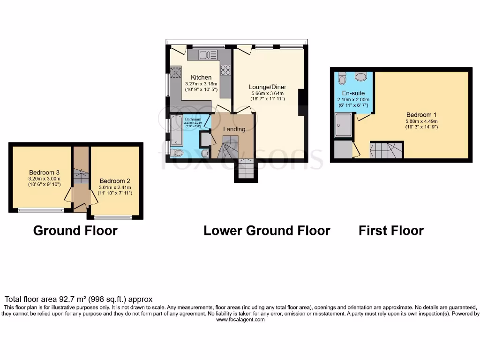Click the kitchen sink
click(206, 55)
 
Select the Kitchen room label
click(201, 77)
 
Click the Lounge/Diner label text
click(267, 87)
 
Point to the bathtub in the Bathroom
click(177, 130)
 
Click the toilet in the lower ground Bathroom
click(177, 152)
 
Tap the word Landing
click(234, 129)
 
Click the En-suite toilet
click(342, 76)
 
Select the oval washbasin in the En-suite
click(361, 76)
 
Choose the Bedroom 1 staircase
click(386, 150)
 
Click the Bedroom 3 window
click(41, 210)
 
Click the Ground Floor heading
click(75, 231)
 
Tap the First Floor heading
click(391, 231)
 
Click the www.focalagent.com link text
click(240, 320)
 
